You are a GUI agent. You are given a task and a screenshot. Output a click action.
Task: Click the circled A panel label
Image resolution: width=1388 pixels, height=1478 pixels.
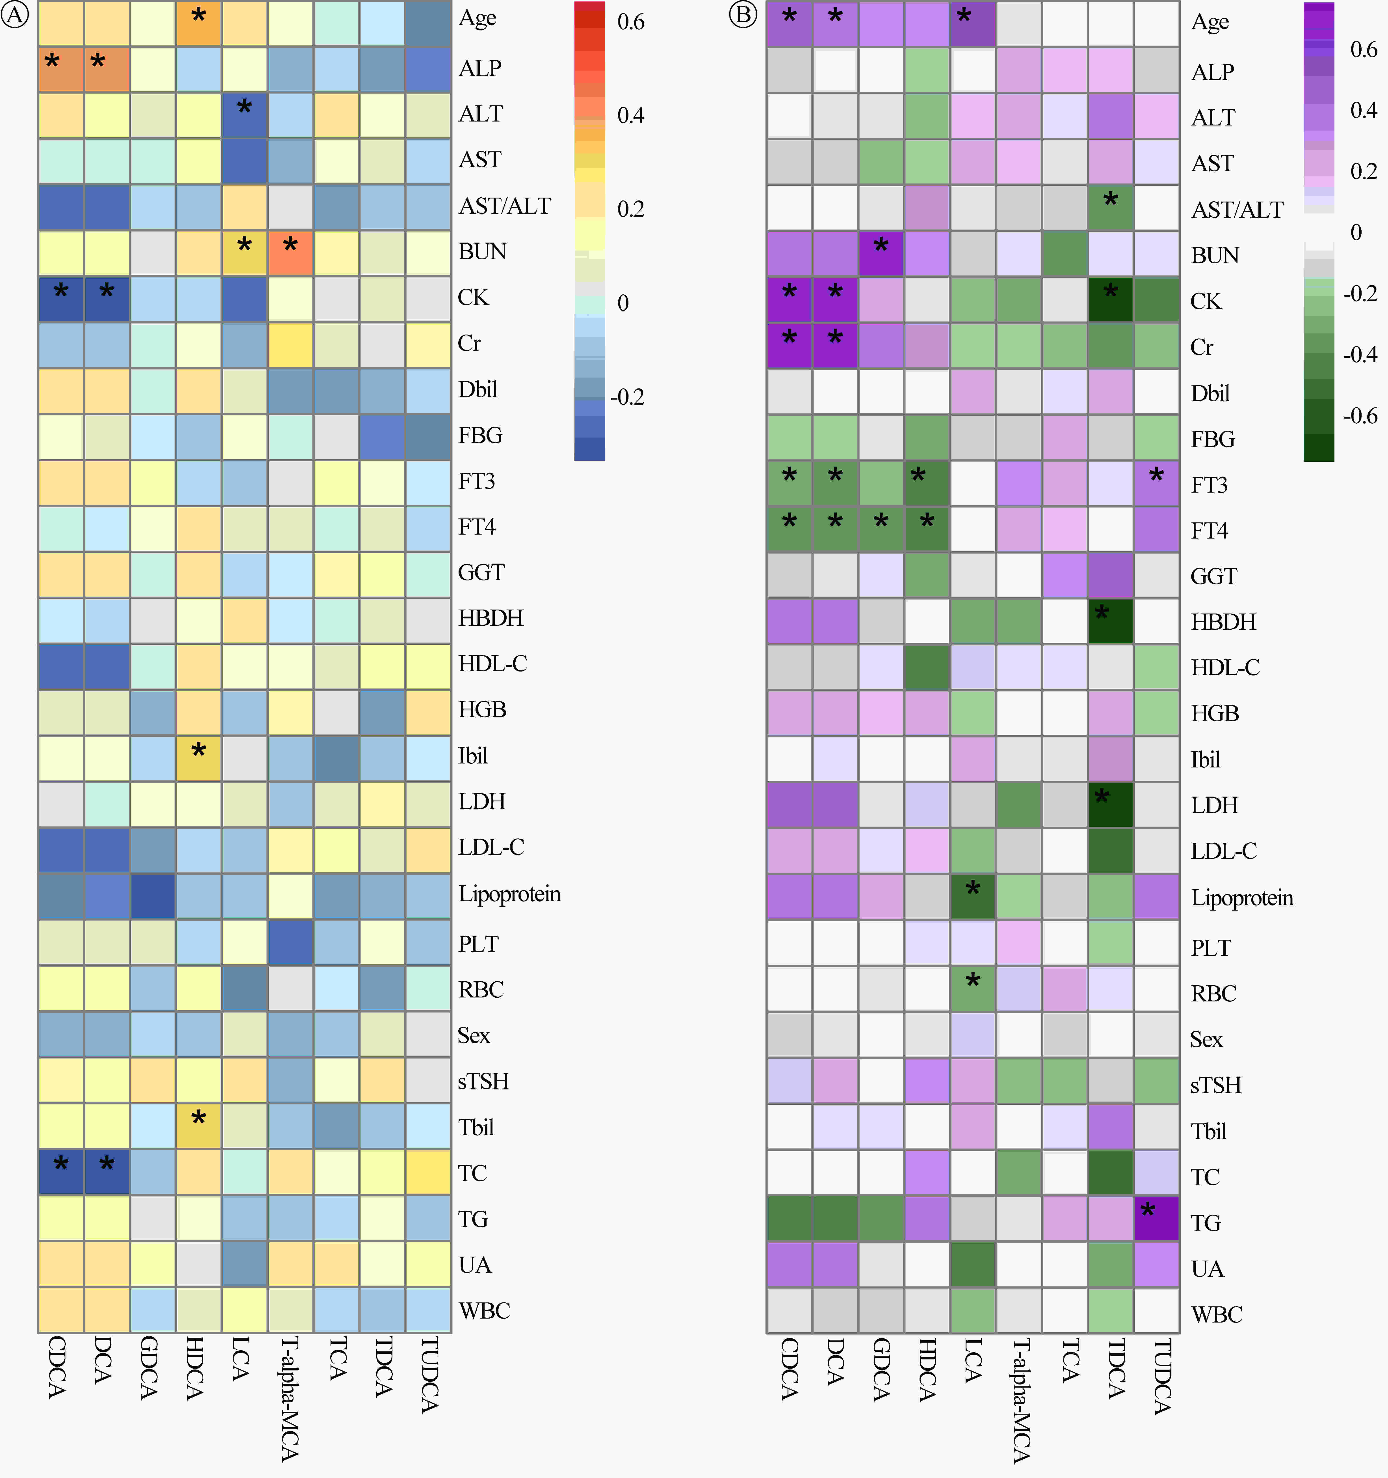15,15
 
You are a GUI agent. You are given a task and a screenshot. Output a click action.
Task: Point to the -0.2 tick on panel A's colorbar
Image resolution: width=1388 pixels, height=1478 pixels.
627,397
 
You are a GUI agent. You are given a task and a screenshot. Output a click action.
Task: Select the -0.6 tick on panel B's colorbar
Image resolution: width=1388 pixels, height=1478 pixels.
1360,416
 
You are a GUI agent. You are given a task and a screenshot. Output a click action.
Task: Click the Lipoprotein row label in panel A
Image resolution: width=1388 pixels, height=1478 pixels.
509,894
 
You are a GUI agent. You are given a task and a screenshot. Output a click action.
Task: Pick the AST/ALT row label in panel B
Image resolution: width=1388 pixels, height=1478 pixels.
1237,210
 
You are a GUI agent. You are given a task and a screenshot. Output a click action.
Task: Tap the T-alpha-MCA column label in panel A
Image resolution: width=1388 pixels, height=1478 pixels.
290,1398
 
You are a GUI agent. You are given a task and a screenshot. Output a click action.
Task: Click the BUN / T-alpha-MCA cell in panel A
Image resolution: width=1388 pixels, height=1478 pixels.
290,252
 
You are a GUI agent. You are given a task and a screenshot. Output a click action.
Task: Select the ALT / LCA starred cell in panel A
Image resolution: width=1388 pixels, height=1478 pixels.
244,114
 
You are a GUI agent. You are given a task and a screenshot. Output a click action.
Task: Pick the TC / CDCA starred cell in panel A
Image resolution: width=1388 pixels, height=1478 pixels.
61,1172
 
